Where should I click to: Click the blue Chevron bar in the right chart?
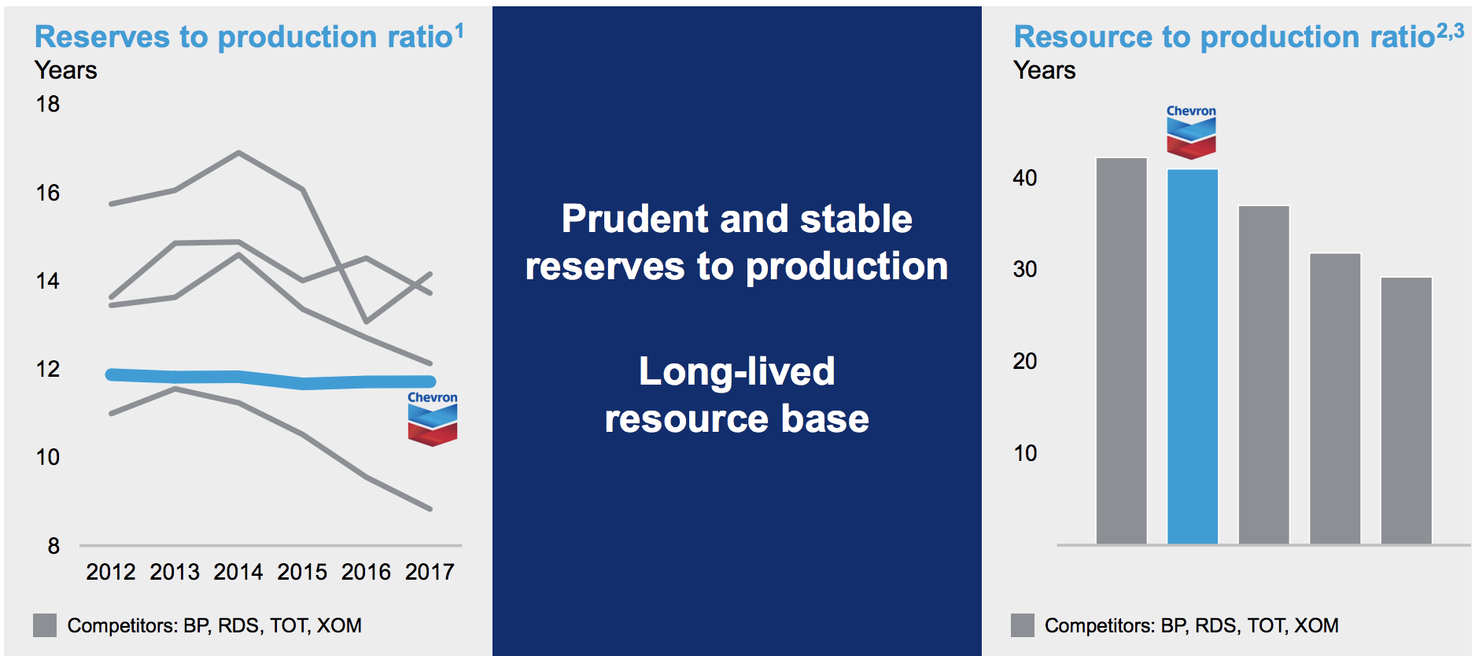1193,356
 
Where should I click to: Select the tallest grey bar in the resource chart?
1122,351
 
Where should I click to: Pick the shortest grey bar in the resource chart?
1407,411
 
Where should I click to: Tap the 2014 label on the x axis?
238,572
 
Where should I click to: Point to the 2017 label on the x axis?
430,572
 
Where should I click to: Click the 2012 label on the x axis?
111,572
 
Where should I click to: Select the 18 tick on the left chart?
48,104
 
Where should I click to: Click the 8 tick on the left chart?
53,546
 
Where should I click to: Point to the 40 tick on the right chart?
1025,178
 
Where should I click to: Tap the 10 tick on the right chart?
1025,453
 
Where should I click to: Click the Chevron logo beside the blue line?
433,418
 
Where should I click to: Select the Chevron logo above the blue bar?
1191,132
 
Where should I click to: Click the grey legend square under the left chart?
45,625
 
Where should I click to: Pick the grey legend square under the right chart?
1023,625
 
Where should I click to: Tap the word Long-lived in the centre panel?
737,372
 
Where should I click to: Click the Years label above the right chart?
1045,70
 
